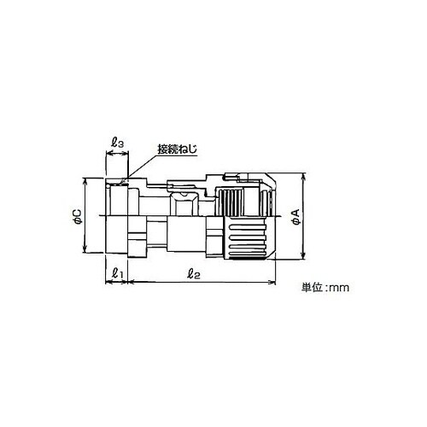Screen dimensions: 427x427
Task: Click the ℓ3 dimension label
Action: [x=117, y=143]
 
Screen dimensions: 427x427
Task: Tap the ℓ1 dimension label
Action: [x=117, y=273]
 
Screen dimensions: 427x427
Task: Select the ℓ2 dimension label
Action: [x=194, y=273]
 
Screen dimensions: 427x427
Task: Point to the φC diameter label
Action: [x=77, y=216]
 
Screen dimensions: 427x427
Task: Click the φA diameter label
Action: [x=296, y=216]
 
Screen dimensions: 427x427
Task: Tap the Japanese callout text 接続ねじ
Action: [x=178, y=149]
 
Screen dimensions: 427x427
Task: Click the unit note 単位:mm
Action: [x=325, y=287]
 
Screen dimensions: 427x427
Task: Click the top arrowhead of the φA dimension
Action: [x=304, y=177]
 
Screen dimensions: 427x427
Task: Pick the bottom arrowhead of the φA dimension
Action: [x=304, y=255]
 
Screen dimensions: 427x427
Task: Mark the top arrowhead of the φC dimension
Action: [x=85, y=182]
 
